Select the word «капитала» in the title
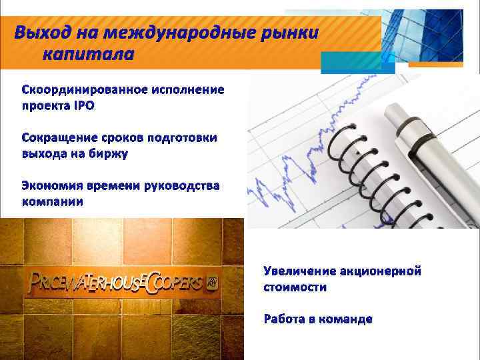click(x=87, y=53)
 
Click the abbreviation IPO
click(x=83, y=105)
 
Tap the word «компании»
click(x=53, y=201)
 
